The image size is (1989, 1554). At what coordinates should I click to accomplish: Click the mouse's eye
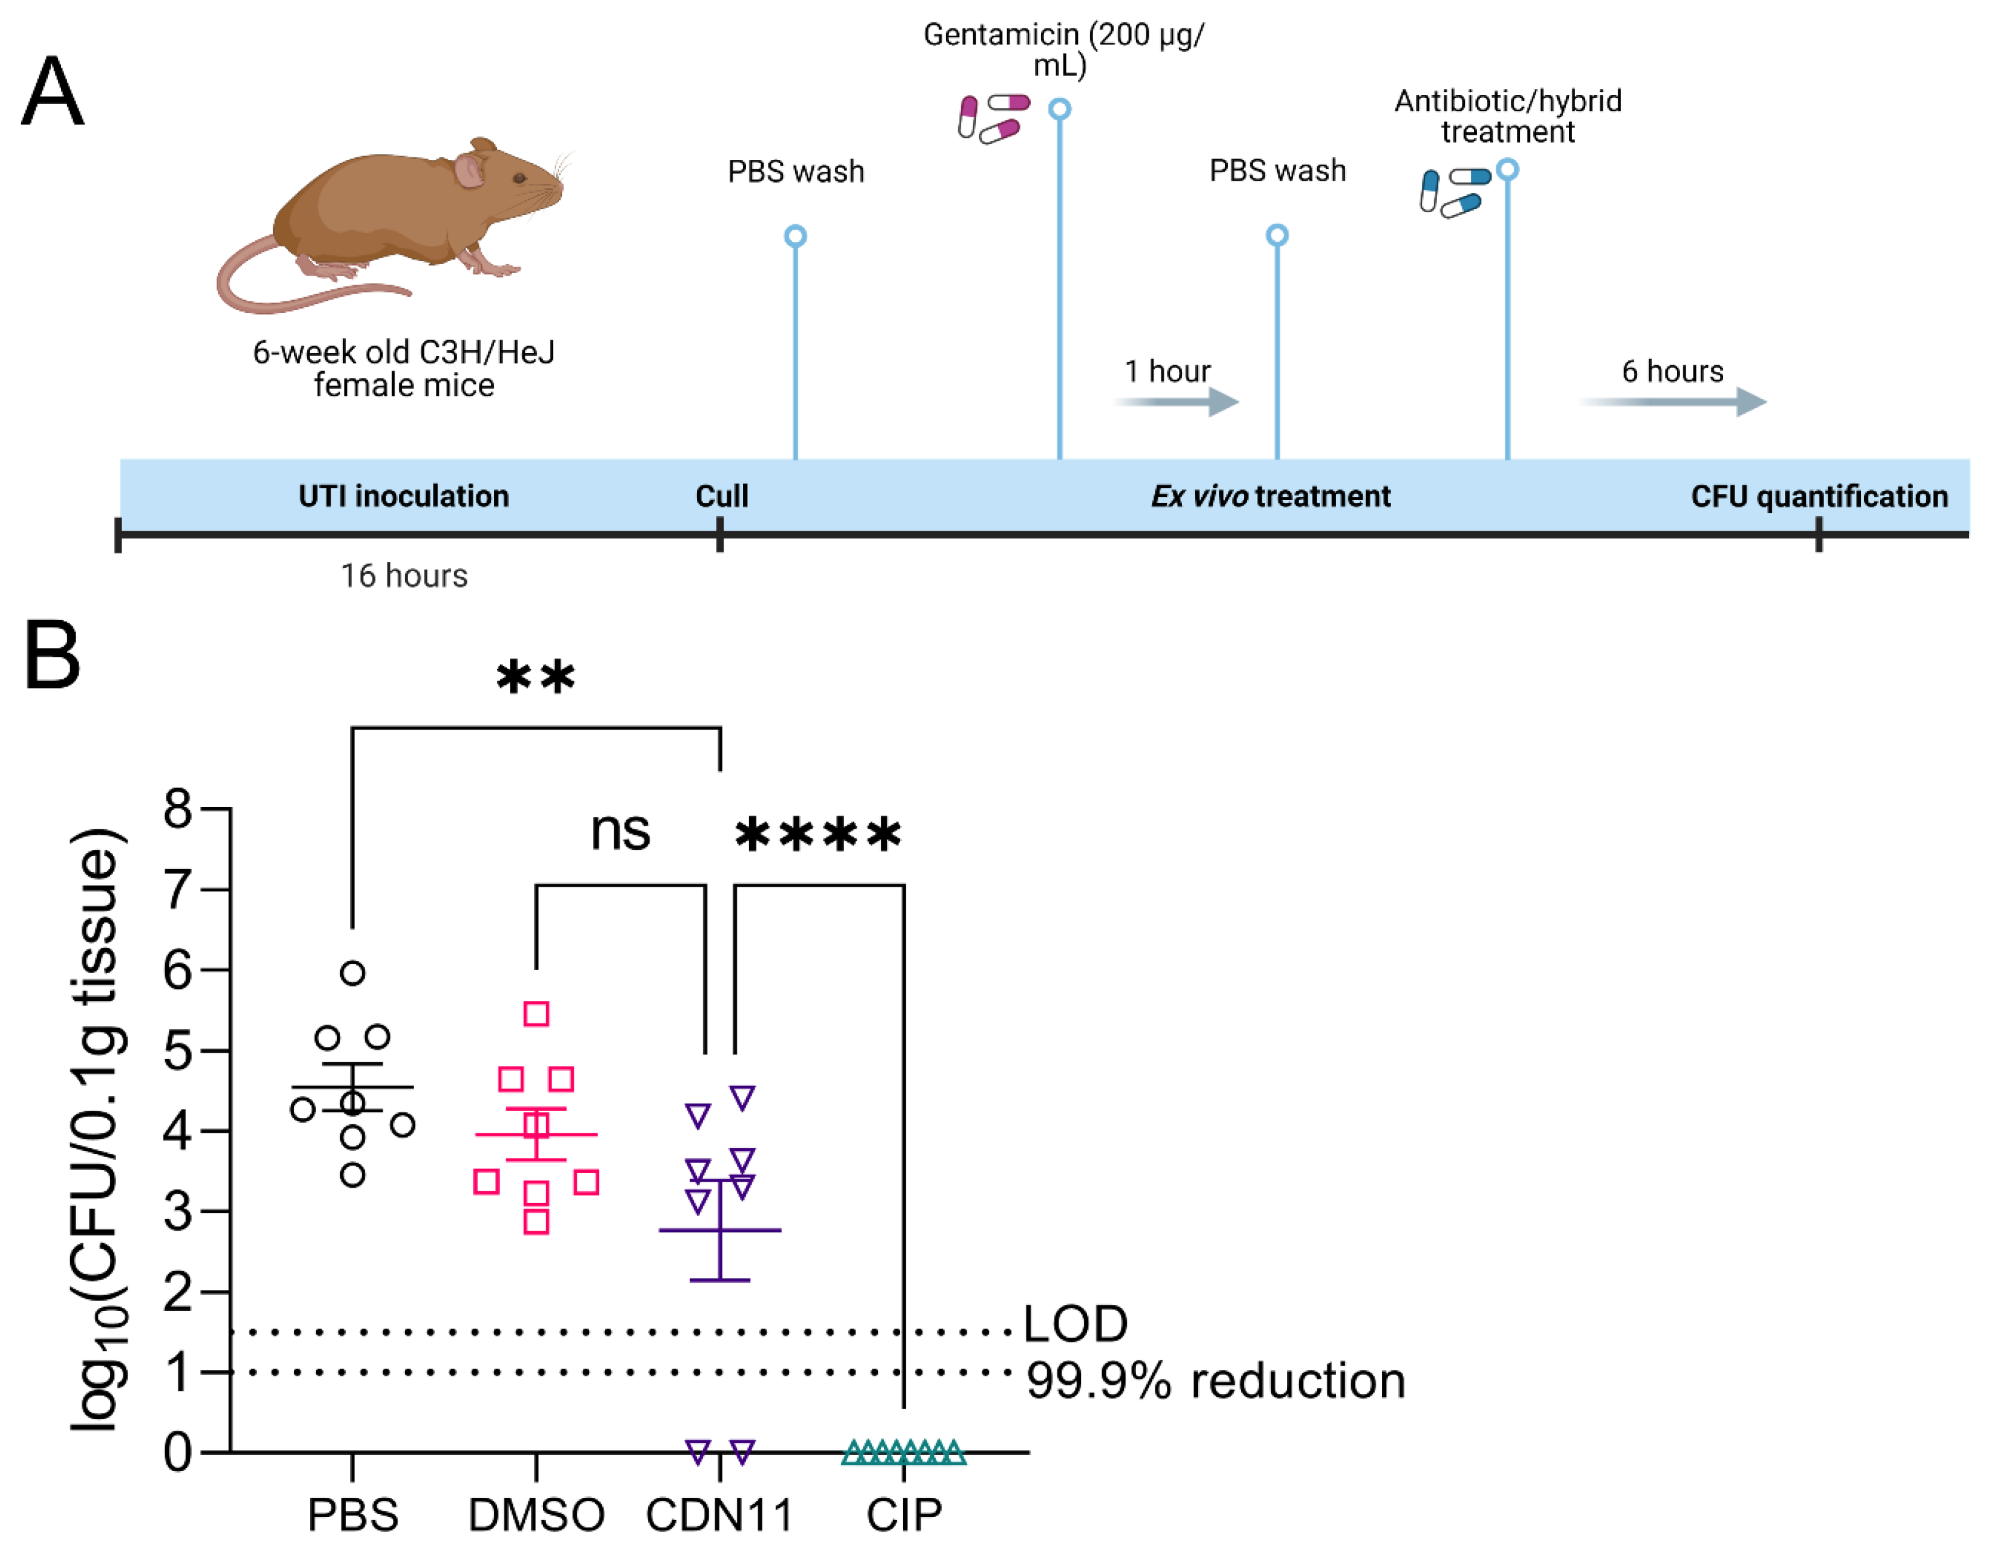tap(519, 178)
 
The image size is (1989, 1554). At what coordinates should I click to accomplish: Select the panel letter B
tap(52, 655)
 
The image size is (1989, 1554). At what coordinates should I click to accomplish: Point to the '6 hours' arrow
tap(1674, 401)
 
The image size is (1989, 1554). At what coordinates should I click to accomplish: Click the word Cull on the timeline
tap(721, 496)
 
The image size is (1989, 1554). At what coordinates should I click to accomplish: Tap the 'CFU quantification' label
tap(1819, 496)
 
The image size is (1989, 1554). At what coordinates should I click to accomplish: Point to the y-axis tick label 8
tap(178, 808)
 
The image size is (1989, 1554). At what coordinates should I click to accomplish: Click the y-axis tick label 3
tap(178, 1212)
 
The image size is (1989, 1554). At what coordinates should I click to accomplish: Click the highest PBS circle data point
tap(352, 973)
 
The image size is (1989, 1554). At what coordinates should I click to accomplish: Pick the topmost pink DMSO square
tap(536, 1013)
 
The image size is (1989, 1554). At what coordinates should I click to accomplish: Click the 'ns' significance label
tap(620, 830)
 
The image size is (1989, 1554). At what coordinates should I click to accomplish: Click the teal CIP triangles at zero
tap(903, 1451)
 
